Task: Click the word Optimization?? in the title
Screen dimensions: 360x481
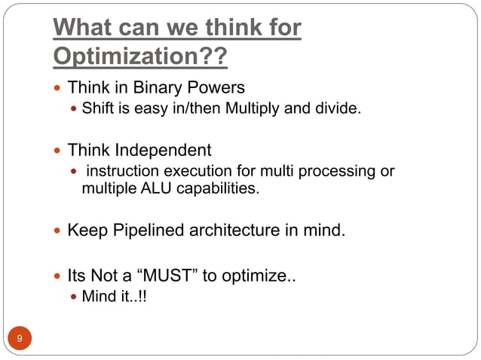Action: [140, 56]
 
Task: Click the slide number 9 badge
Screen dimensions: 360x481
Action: [20, 338]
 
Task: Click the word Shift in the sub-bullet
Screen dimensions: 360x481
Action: [98, 110]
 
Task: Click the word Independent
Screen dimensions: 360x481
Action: [163, 149]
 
